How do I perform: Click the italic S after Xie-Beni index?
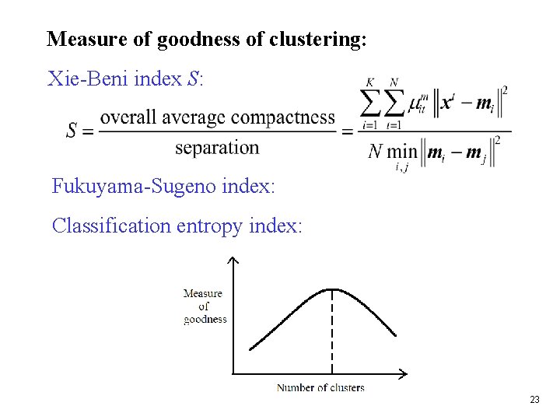(194, 79)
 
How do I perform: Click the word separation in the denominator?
(217, 147)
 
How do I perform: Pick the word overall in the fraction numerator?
(128, 117)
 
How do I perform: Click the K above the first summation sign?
(370, 82)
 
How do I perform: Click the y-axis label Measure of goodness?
(204, 306)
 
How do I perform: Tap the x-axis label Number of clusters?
(320, 387)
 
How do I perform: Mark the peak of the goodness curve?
(333, 289)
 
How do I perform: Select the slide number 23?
(534, 400)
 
